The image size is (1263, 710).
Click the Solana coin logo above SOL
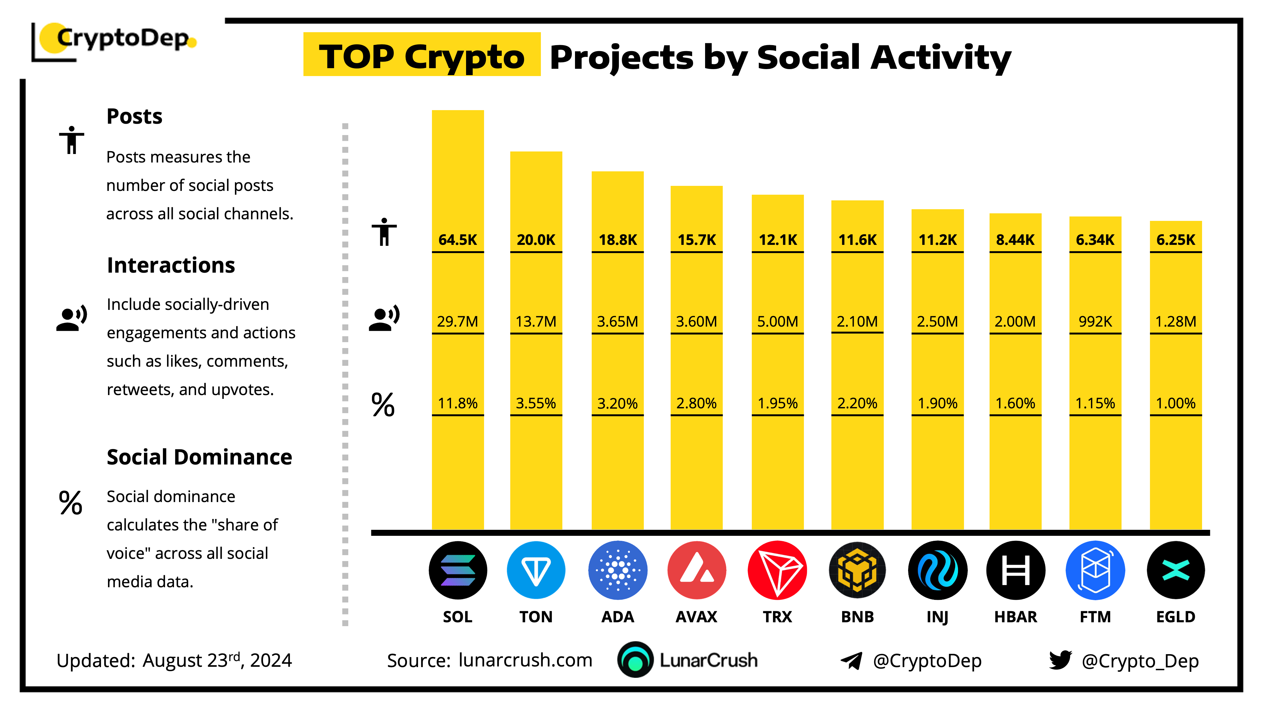(x=458, y=570)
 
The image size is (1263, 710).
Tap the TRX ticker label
(x=777, y=616)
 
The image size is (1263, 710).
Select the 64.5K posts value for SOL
(x=458, y=240)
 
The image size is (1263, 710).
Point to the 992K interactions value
(x=1095, y=322)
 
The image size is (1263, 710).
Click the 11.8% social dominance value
(x=458, y=403)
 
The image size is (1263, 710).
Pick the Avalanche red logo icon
(x=696, y=570)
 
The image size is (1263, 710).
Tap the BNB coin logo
(x=857, y=570)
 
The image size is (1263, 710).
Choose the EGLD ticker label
(x=1175, y=616)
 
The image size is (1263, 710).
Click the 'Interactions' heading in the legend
(x=171, y=265)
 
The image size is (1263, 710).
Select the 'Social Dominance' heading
(x=199, y=457)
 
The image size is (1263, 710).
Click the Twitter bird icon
(x=1060, y=660)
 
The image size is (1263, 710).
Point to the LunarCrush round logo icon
(x=635, y=660)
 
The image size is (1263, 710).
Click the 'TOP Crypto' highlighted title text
(x=422, y=56)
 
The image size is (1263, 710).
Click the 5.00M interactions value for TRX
(x=777, y=322)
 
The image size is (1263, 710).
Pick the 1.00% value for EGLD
(x=1175, y=403)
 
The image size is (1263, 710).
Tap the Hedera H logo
(x=1015, y=570)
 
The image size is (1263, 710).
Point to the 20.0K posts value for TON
(x=536, y=240)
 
